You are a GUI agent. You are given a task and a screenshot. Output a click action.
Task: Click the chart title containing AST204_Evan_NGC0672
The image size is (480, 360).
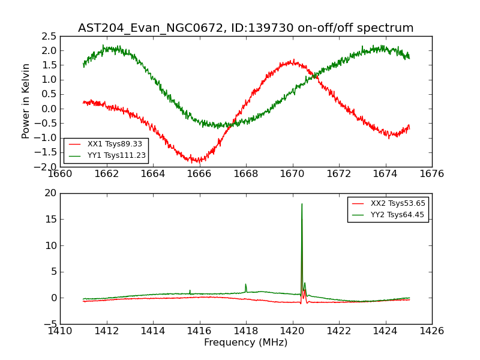point(245,28)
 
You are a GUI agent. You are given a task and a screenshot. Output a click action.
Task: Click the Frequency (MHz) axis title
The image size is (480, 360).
point(245,343)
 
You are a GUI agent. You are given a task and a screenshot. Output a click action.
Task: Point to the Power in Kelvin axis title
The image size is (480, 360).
point(26,101)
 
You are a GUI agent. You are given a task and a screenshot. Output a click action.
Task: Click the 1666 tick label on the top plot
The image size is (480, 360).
point(199,174)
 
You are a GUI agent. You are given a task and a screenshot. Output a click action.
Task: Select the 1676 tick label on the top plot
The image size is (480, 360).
point(431,174)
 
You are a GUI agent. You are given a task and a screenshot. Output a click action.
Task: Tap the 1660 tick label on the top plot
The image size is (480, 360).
point(60,174)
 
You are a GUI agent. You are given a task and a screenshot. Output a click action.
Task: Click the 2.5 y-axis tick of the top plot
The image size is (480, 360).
point(49,36)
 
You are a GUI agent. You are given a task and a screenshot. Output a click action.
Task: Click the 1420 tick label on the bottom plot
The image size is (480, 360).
point(292,331)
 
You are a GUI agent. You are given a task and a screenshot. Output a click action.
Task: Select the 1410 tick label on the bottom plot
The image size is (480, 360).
point(60,331)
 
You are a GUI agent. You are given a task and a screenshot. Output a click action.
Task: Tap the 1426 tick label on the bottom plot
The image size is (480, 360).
point(431,331)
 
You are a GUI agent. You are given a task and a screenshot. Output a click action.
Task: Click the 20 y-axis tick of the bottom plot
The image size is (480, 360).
point(50,193)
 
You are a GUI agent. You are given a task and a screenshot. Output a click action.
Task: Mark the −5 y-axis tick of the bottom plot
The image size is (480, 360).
point(49,324)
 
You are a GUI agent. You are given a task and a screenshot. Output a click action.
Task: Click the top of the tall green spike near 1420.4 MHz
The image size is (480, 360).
point(302,204)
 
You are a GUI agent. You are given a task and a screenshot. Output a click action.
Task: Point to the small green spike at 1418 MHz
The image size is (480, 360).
point(245,284)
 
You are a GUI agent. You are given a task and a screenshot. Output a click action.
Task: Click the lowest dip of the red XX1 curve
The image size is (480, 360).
point(199,162)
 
